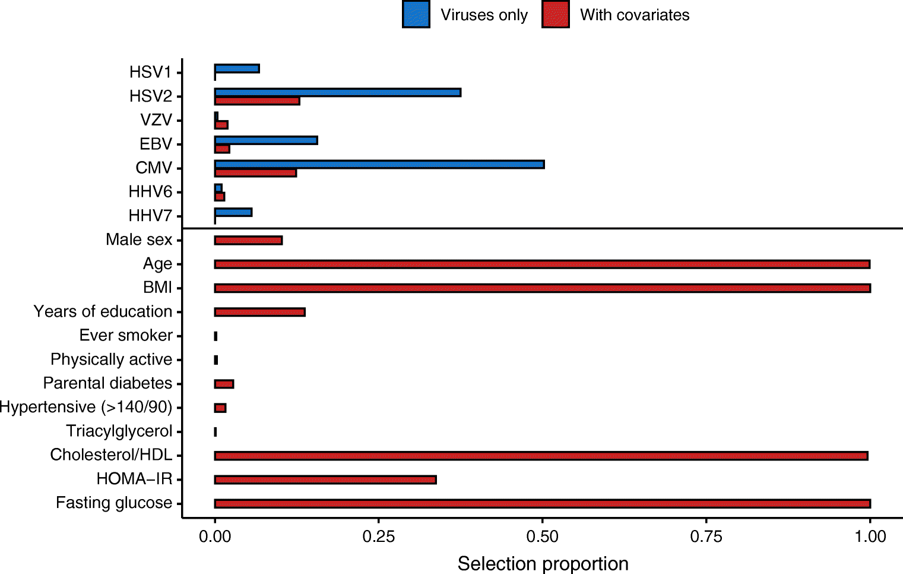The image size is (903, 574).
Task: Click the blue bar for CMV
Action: click(379, 165)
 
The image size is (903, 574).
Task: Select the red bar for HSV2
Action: click(257, 101)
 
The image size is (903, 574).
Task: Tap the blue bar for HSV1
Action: click(237, 69)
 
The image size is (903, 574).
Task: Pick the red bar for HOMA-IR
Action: click(325, 480)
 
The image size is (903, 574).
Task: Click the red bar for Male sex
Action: click(248, 240)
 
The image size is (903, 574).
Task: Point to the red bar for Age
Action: click(542, 264)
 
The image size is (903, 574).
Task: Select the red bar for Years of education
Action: click(259, 312)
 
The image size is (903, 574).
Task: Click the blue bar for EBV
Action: click(266, 140)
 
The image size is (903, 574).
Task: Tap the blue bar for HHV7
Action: click(233, 212)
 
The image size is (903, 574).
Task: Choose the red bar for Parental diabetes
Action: click(224, 384)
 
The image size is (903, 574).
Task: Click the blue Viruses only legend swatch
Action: click(416, 15)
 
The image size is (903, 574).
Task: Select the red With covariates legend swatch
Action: click(555, 15)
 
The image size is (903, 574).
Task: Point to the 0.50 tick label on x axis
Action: click(542, 537)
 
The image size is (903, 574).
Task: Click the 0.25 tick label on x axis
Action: click(378, 537)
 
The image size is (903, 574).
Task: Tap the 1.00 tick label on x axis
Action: click(870, 537)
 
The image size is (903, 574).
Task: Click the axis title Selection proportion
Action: click(543, 563)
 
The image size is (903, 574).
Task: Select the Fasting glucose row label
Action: click(114, 503)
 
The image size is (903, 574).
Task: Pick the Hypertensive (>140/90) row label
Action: click(86, 407)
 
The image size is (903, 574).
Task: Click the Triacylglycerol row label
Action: click(119, 431)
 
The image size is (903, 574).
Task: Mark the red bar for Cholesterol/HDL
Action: click(541, 456)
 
